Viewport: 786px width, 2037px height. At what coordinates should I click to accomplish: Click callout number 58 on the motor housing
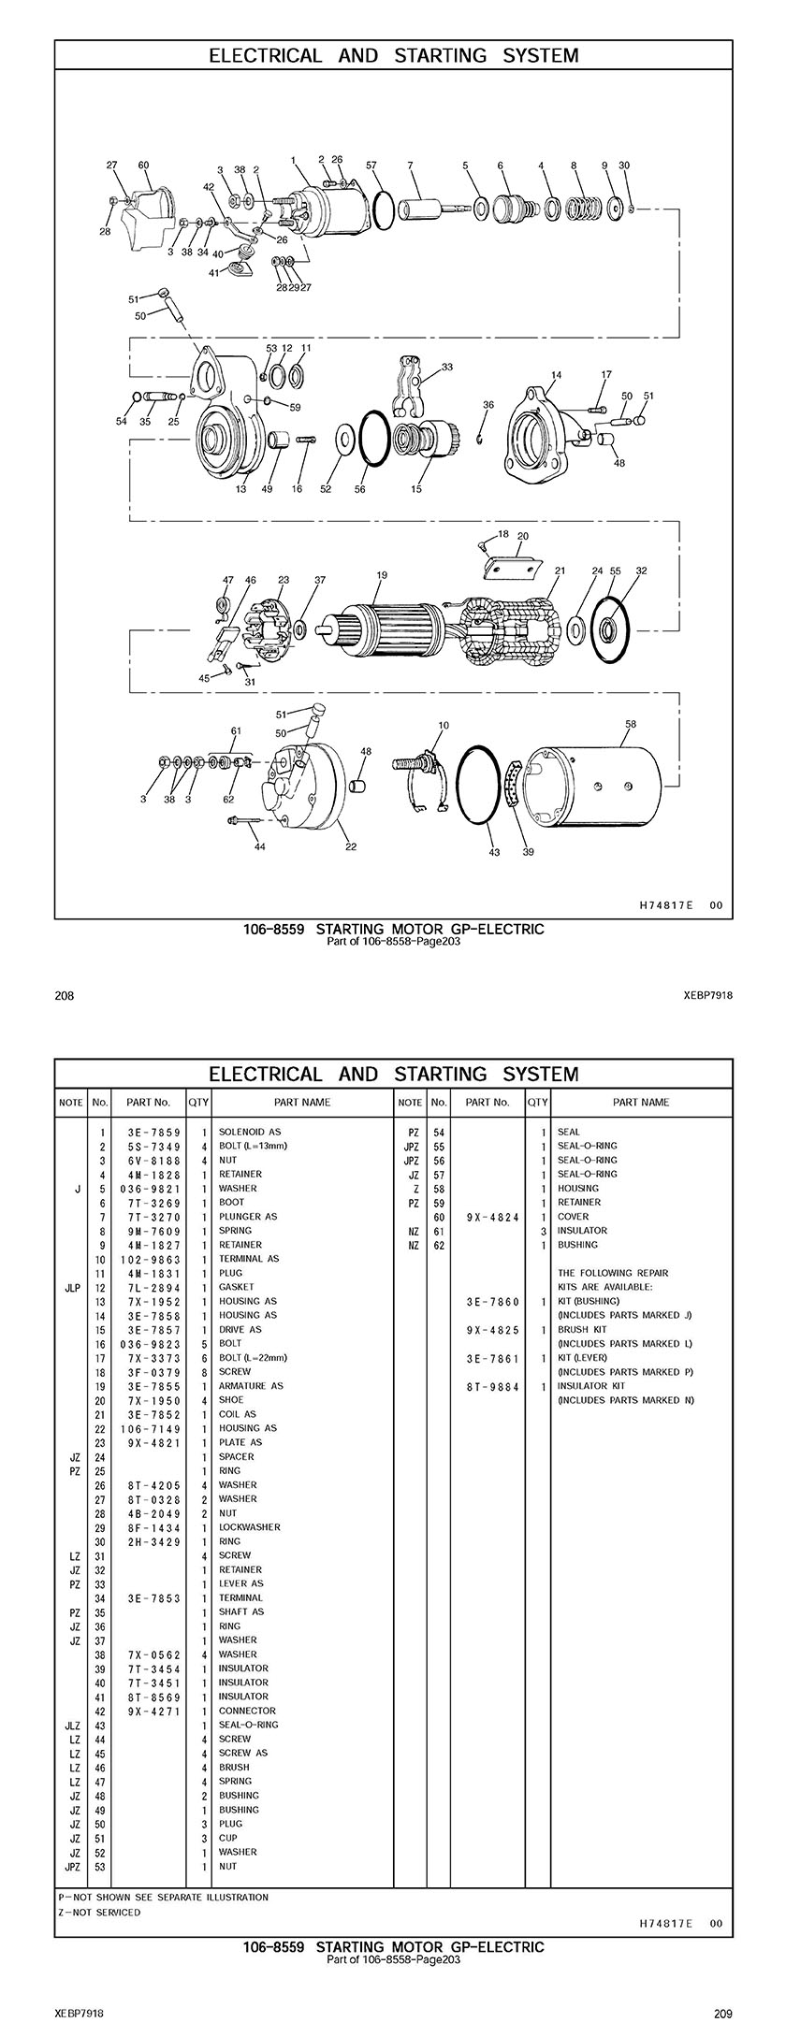(x=631, y=723)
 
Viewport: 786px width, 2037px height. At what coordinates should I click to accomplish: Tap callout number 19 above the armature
(x=382, y=575)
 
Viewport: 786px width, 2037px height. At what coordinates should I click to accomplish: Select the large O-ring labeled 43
(x=486, y=787)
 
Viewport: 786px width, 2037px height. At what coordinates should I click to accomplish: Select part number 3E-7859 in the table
(x=153, y=1132)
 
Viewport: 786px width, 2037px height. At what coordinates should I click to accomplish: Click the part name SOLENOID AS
(x=250, y=1132)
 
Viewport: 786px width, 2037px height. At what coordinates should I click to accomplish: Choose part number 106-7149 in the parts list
(x=153, y=1428)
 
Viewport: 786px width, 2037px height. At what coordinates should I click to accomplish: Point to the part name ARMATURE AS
(x=251, y=1386)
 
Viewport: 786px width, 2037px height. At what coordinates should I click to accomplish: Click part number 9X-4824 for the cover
(x=492, y=1217)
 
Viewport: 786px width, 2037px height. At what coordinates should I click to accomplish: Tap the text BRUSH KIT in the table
(x=582, y=1329)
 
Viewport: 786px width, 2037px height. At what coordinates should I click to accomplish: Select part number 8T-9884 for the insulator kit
(x=492, y=1386)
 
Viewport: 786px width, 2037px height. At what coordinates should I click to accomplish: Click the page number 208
(x=65, y=996)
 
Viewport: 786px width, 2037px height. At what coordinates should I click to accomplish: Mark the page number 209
(x=721, y=2014)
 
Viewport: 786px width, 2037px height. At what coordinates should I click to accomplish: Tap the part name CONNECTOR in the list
(x=247, y=1711)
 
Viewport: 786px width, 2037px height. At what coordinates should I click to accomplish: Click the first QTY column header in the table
(x=198, y=1102)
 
